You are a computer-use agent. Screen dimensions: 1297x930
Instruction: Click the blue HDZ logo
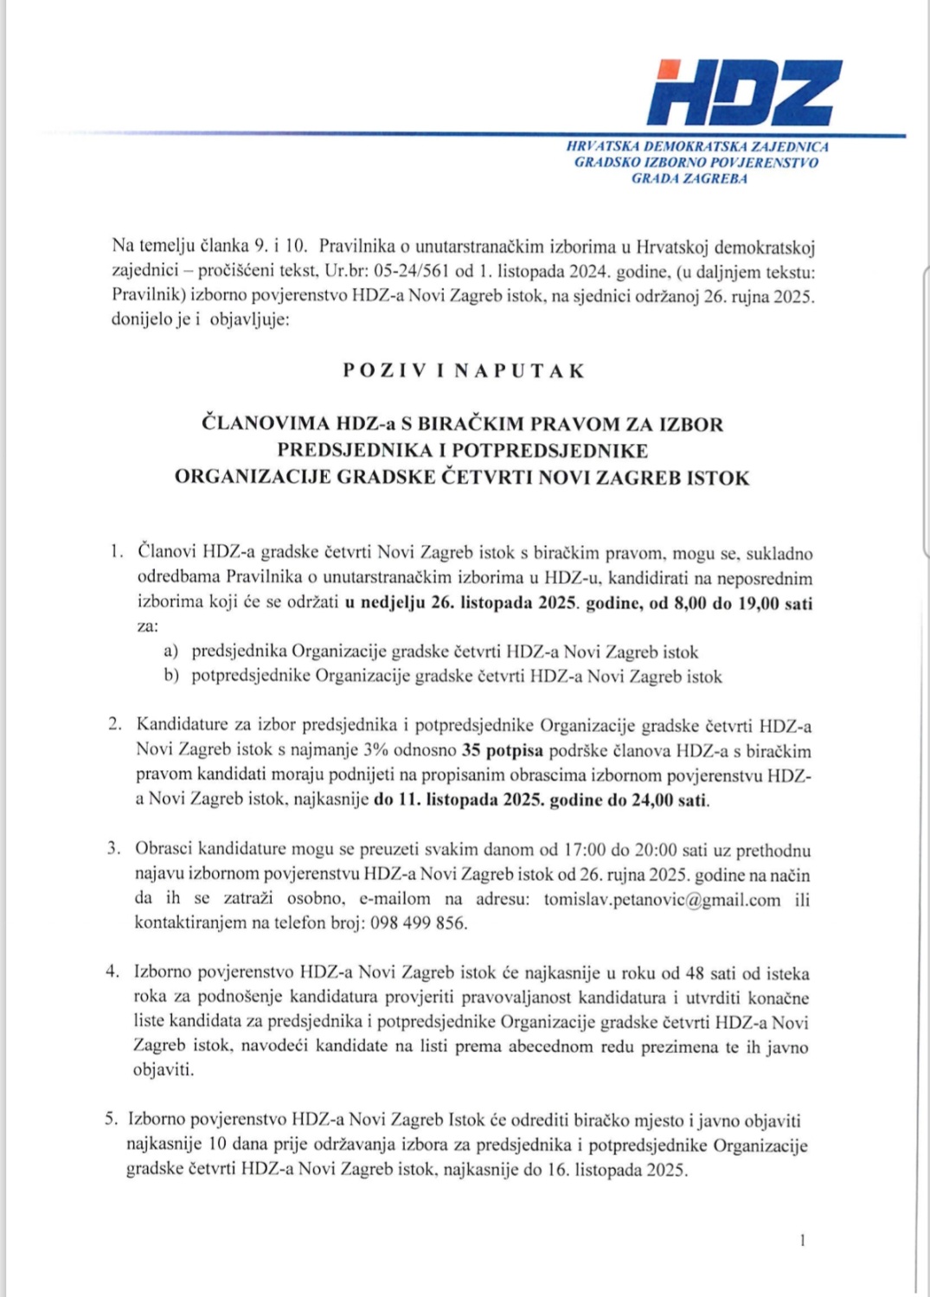[744, 92]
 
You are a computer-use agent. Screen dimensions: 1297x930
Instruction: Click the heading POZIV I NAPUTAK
[464, 371]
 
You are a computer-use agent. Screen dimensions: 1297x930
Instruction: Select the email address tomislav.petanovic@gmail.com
[662, 900]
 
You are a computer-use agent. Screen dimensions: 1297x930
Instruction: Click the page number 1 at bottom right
[803, 1241]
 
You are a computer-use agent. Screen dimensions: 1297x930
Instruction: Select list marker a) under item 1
[171, 652]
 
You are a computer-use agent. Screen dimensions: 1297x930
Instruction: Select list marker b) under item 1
[171, 677]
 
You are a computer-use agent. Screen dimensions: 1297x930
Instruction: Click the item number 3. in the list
[114, 849]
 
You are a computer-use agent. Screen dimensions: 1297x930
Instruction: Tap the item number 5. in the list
[112, 1120]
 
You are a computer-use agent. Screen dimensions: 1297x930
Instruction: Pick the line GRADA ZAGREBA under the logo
[689, 179]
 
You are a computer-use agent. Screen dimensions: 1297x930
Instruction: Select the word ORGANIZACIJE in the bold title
[252, 478]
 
